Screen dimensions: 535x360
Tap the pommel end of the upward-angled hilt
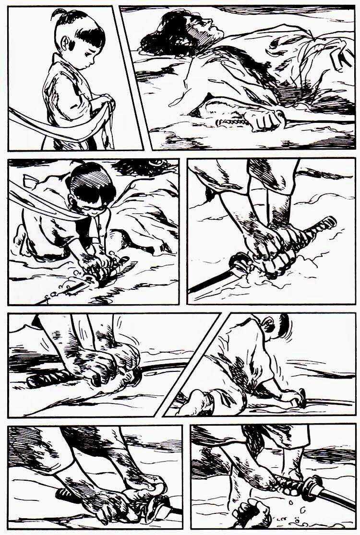330,222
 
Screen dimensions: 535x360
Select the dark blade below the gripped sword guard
211,283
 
